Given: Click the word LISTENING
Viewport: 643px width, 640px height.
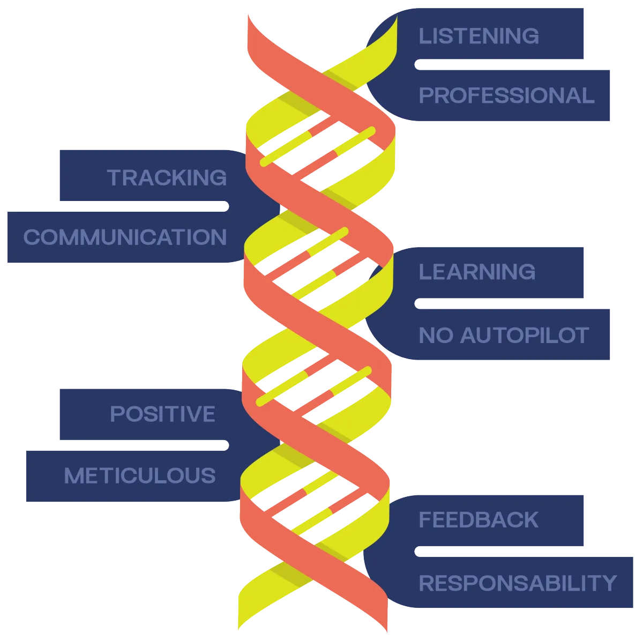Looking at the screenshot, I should point(478,36).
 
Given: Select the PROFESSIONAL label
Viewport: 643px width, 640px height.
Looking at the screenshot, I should point(506,95).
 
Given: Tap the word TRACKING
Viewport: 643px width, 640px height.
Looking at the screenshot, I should point(167,177).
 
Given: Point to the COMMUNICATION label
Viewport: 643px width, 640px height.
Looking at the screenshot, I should point(125,237).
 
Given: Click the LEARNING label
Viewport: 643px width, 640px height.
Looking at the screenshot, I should point(477,272).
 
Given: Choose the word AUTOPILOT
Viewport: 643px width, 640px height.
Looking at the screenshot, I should point(525,335).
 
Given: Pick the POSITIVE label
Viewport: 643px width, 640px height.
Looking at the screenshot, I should point(162,414).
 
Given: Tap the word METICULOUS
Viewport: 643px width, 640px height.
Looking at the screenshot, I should point(139,475).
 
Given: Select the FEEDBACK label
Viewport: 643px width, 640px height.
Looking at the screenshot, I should point(478,519).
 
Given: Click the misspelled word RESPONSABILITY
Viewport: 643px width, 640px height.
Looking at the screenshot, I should point(518,583).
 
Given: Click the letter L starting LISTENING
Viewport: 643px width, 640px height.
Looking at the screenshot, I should point(424,36).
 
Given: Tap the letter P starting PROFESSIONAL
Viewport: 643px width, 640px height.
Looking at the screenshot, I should point(425,95).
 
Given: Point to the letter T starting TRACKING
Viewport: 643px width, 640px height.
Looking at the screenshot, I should point(115,177).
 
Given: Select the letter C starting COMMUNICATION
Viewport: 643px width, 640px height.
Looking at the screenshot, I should point(31,237).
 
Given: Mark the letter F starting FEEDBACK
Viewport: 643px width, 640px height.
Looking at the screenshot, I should point(424,519).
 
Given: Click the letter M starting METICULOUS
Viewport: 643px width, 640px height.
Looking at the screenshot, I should point(72,475).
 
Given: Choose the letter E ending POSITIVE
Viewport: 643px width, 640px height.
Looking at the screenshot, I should point(209,414).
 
